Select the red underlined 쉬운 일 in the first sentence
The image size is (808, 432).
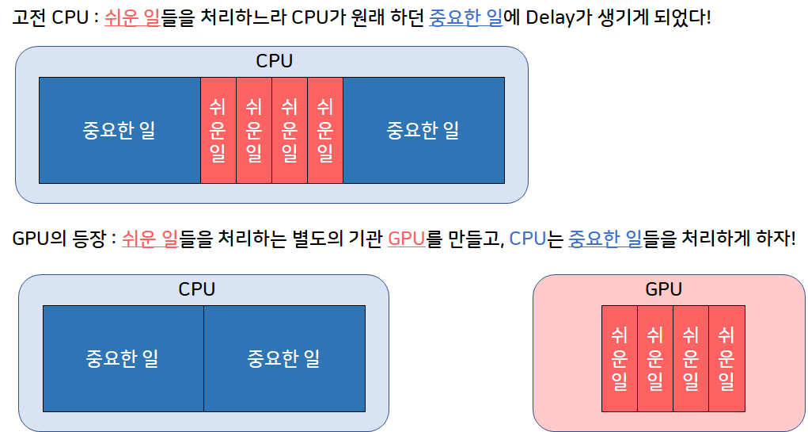click(132, 17)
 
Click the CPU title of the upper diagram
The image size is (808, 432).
click(274, 61)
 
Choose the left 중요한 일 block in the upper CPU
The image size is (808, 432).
click(119, 130)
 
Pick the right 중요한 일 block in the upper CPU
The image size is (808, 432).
click(423, 130)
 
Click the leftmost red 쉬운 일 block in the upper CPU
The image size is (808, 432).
click(218, 130)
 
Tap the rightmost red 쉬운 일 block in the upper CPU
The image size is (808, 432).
click(324, 130)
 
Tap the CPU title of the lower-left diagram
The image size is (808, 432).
click(197, 289)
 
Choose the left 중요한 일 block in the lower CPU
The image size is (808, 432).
click(123, 358)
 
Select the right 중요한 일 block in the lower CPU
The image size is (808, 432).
click(284, 358)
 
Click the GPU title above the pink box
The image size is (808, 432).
click(663, 289)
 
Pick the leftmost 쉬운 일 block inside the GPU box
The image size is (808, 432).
click(620, 358)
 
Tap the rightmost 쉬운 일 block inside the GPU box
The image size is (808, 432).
click(726, 358)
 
